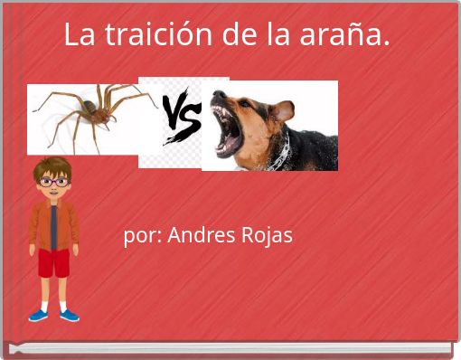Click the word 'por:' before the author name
[142, 235]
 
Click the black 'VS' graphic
[180, 118]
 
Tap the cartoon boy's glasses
[53, 182]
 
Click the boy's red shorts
[53, 263]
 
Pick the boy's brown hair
[53, 166]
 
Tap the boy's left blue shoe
[38, 315]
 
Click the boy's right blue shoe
[69, 315]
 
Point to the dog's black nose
[217, 97]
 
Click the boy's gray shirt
[54, 226]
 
